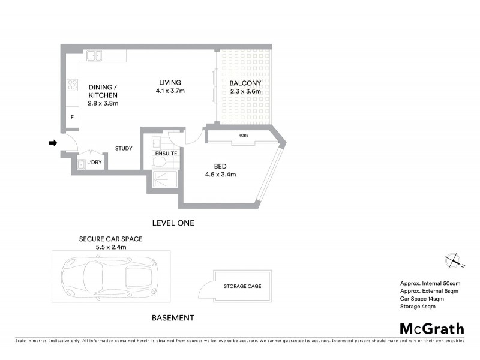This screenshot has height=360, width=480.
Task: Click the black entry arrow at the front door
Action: point(52,143)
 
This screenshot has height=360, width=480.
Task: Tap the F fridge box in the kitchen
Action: point(72,118)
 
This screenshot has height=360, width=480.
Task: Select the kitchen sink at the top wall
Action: point(94,56)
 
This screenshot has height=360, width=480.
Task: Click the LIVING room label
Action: point(170,83)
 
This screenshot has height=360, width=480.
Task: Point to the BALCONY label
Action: point(245,83)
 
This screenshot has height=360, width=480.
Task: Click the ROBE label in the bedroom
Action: point(243,136)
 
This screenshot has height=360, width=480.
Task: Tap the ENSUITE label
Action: point(166,154)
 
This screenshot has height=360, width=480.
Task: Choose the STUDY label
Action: point(124,148)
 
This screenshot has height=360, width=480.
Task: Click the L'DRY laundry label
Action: point(94,163)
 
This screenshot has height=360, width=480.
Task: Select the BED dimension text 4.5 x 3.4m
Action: point(221,175)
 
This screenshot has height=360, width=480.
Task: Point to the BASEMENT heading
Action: point(173,317)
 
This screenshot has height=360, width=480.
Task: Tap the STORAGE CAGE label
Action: point(242,286)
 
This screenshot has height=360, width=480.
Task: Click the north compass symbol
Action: point(453,261)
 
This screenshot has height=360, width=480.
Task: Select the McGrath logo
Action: point(431,328)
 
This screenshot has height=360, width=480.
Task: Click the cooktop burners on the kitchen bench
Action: point(73,85)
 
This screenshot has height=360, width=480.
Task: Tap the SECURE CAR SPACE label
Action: point(111,238)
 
